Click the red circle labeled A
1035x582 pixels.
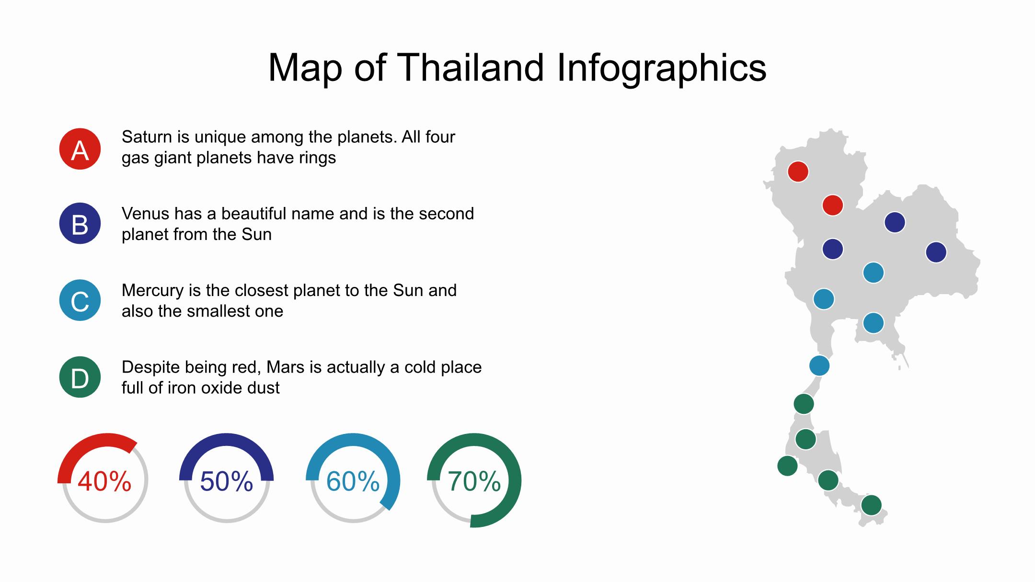pyautogui.click(x=80, y=149)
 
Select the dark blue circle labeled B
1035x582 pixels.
pyautogui.click(x=80, y=224)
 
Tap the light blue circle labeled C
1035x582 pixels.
pyautogui.click(x=80, y=300)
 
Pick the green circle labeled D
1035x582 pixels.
pyautogui.click(x=80, y=377)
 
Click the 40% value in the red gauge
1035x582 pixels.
pyautogui.click(x=104, y=481)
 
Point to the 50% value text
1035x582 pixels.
pyautogui.click(x=226, y=481)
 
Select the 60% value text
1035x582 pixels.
pyautogui.click(x=353, y=481)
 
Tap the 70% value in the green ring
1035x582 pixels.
pyautogui.click(x=474, y=481)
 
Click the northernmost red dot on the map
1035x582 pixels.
pyautogui.click(x=798, y=171)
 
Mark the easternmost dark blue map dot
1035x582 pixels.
pyautogui.click(x=936, y=252)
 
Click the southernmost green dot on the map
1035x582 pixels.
pyautogui.click(x=872, y=505)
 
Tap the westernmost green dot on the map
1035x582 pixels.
pyautogui.click(x=787, y=466)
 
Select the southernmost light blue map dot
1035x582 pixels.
pyautogui.click(x=819, y=366)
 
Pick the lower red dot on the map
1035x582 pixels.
pyautogui.click(x=833, y=205)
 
